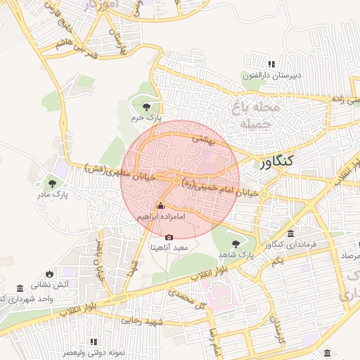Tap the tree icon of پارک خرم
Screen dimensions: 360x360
click(x=146, y=107)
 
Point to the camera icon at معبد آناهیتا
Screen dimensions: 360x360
click(x=168, y=236)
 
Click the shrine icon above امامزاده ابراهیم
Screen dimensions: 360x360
click(x=160, y=206)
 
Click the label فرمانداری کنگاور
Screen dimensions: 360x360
click(x=289, y=245)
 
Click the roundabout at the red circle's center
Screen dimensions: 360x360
click(x=175, y=181)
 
